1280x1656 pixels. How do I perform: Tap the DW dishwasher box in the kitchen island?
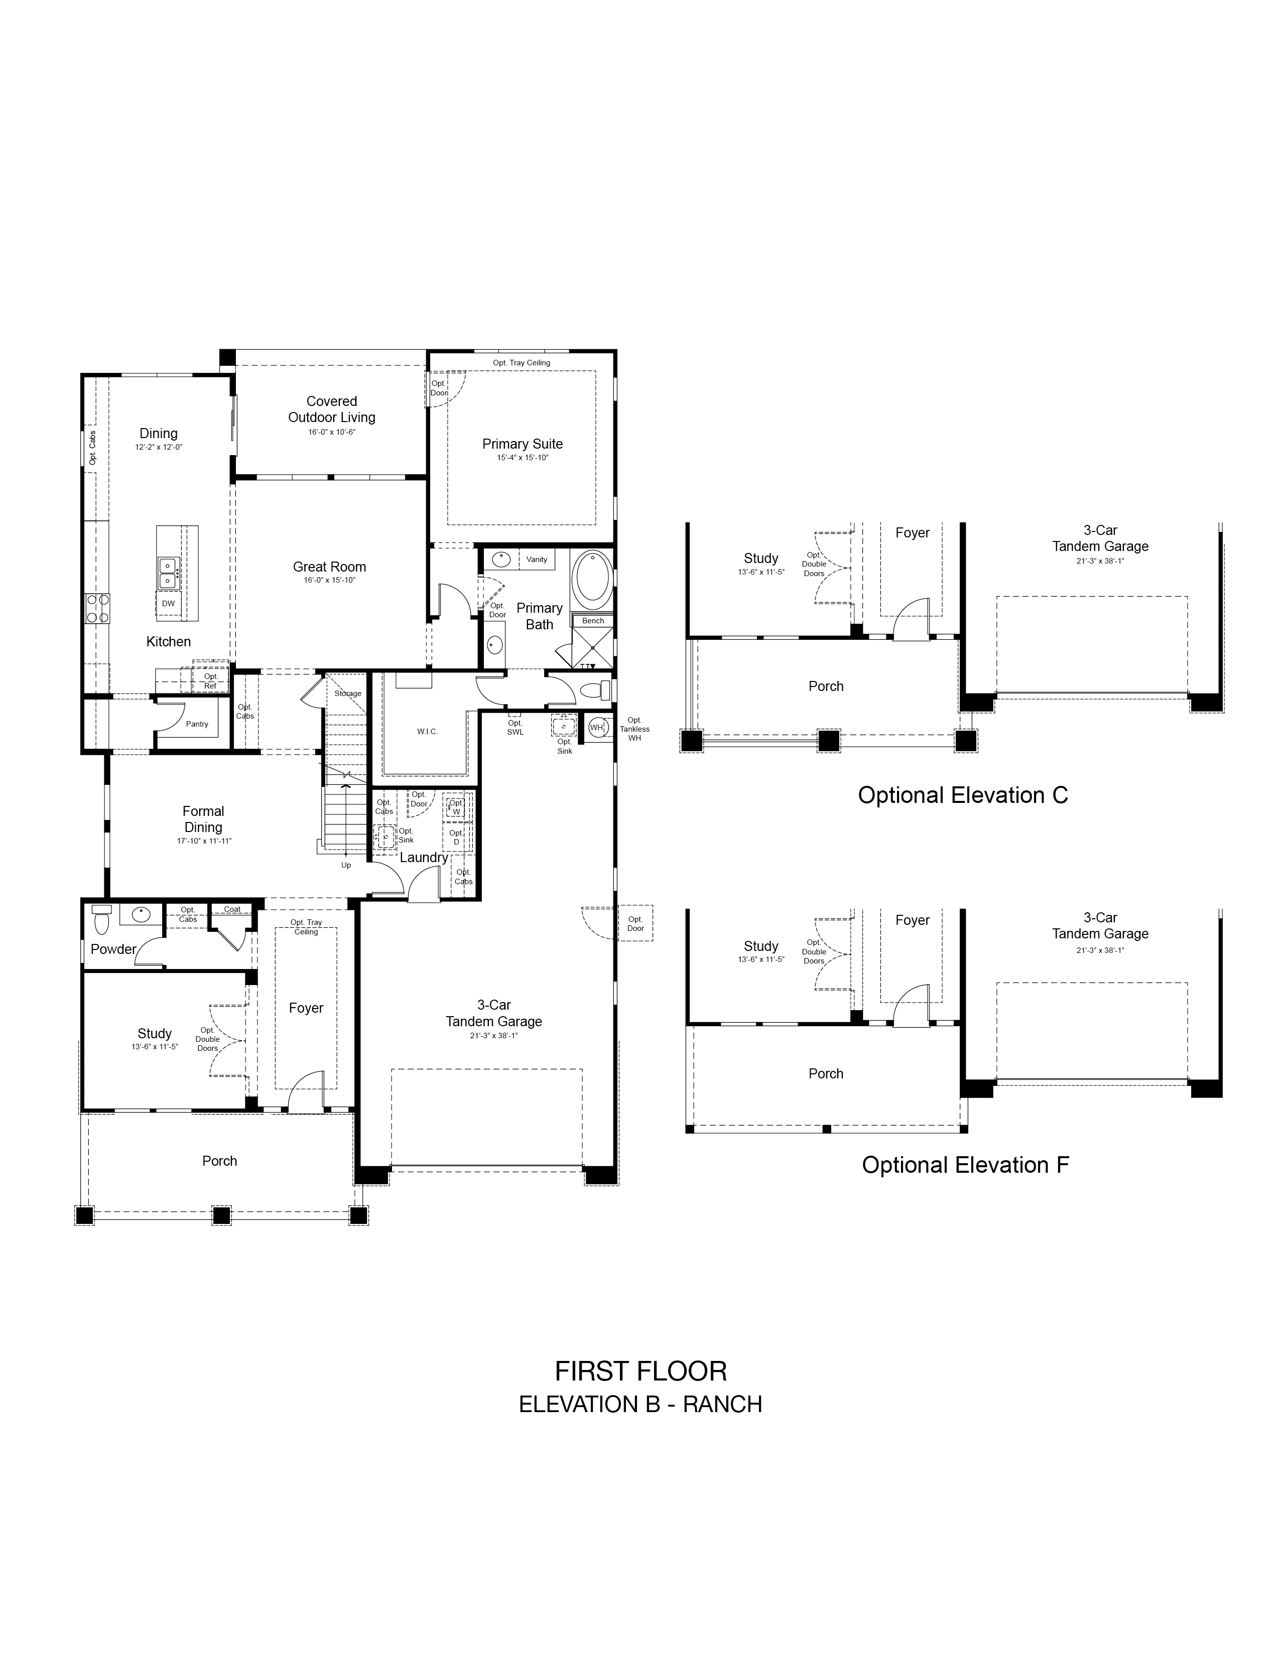coord(168,604)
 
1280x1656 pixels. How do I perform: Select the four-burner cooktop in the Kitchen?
coord(97,608)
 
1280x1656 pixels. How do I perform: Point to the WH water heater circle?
coord(597,727)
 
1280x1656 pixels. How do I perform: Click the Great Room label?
coord(330,567)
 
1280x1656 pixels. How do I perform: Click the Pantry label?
coord(197,724)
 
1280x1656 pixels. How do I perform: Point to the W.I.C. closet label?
coord(428,732)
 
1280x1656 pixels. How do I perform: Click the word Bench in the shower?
coord(593,620)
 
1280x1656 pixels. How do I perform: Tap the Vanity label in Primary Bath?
coord(537,560)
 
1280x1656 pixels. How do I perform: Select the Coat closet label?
coord(232,909)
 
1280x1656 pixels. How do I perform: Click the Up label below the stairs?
coord(346,865)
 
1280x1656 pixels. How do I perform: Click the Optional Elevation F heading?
coord(965,1165)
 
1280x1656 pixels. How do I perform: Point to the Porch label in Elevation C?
coord(826,686)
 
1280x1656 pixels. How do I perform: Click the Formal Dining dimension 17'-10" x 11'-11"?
coord(204,841)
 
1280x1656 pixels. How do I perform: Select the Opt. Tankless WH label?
coord(634,729)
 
